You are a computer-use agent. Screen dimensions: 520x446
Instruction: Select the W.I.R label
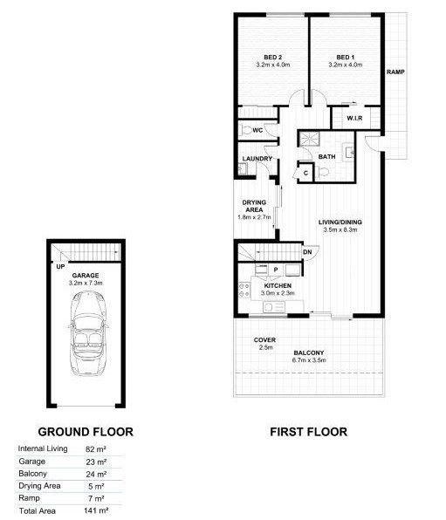click(x=354, y=118)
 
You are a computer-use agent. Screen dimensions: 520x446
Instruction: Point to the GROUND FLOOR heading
click(x=85, y=431)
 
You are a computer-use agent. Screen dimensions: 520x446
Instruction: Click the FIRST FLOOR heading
click(x=308, y=431)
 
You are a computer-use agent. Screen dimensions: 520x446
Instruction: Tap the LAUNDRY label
click(x=258, y=159)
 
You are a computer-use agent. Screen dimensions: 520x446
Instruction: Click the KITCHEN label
click(x=278, y=286)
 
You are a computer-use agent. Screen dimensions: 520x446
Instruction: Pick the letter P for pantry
click(x=276, y=270)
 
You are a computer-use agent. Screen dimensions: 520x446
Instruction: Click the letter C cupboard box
click(x=305, y=174)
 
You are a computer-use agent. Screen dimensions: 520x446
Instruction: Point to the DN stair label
click(x=307, y=253)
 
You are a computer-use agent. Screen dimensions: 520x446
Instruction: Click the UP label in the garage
click(x=60, y=267)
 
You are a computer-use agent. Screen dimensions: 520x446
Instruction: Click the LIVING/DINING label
click(x=340, y=222)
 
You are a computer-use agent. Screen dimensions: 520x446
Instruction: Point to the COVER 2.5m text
click(x=264, y=344)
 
